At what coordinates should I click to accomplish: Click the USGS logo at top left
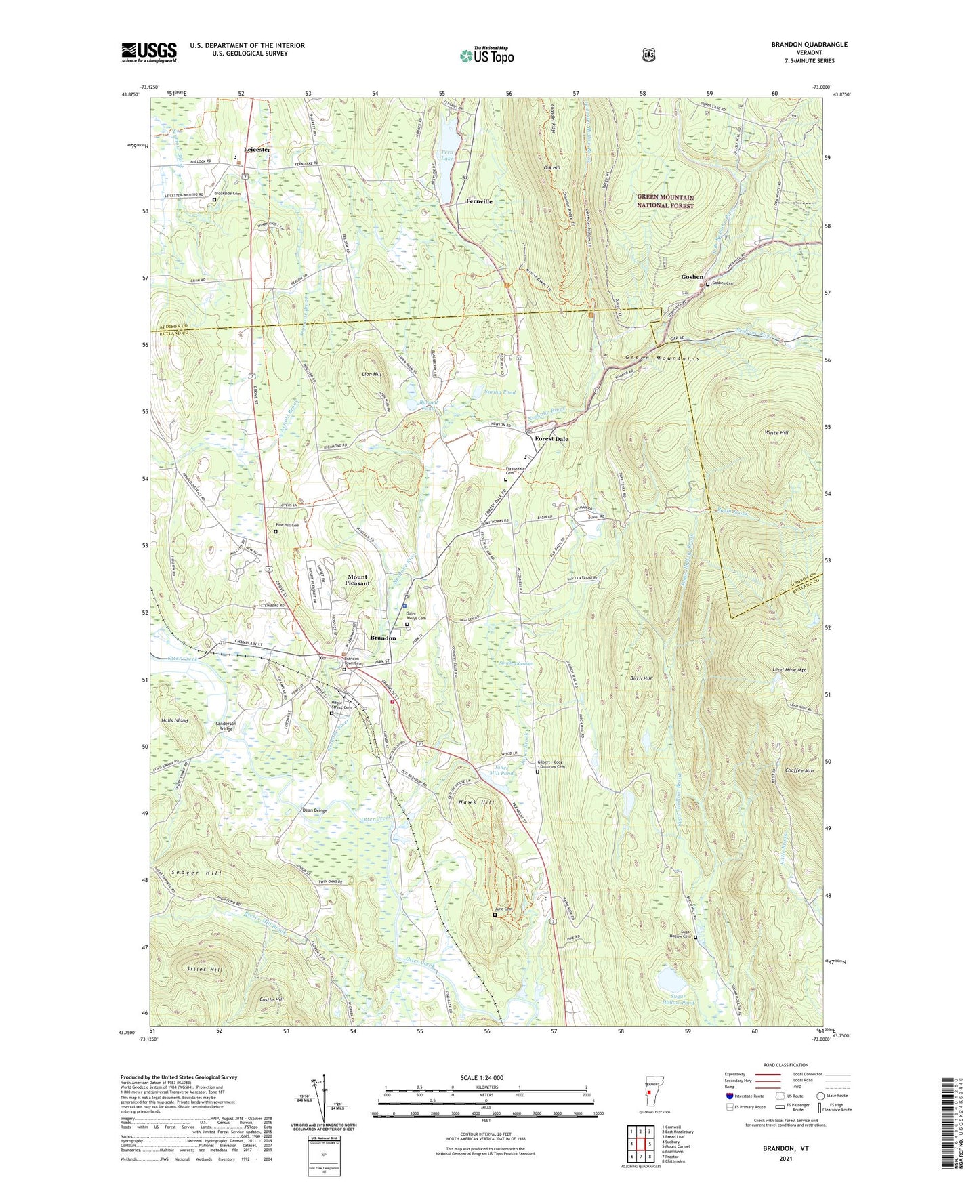point(148,52)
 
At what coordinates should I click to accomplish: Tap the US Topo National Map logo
point(486,56)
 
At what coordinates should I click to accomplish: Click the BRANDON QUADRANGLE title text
point(809,45)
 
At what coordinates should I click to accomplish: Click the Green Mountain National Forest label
point(665,201)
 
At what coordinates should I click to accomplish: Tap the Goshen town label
point(692,277)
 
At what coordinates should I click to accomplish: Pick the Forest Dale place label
point(551,438)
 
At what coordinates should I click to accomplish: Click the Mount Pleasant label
point(357,580)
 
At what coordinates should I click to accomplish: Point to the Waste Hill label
point(776,432)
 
